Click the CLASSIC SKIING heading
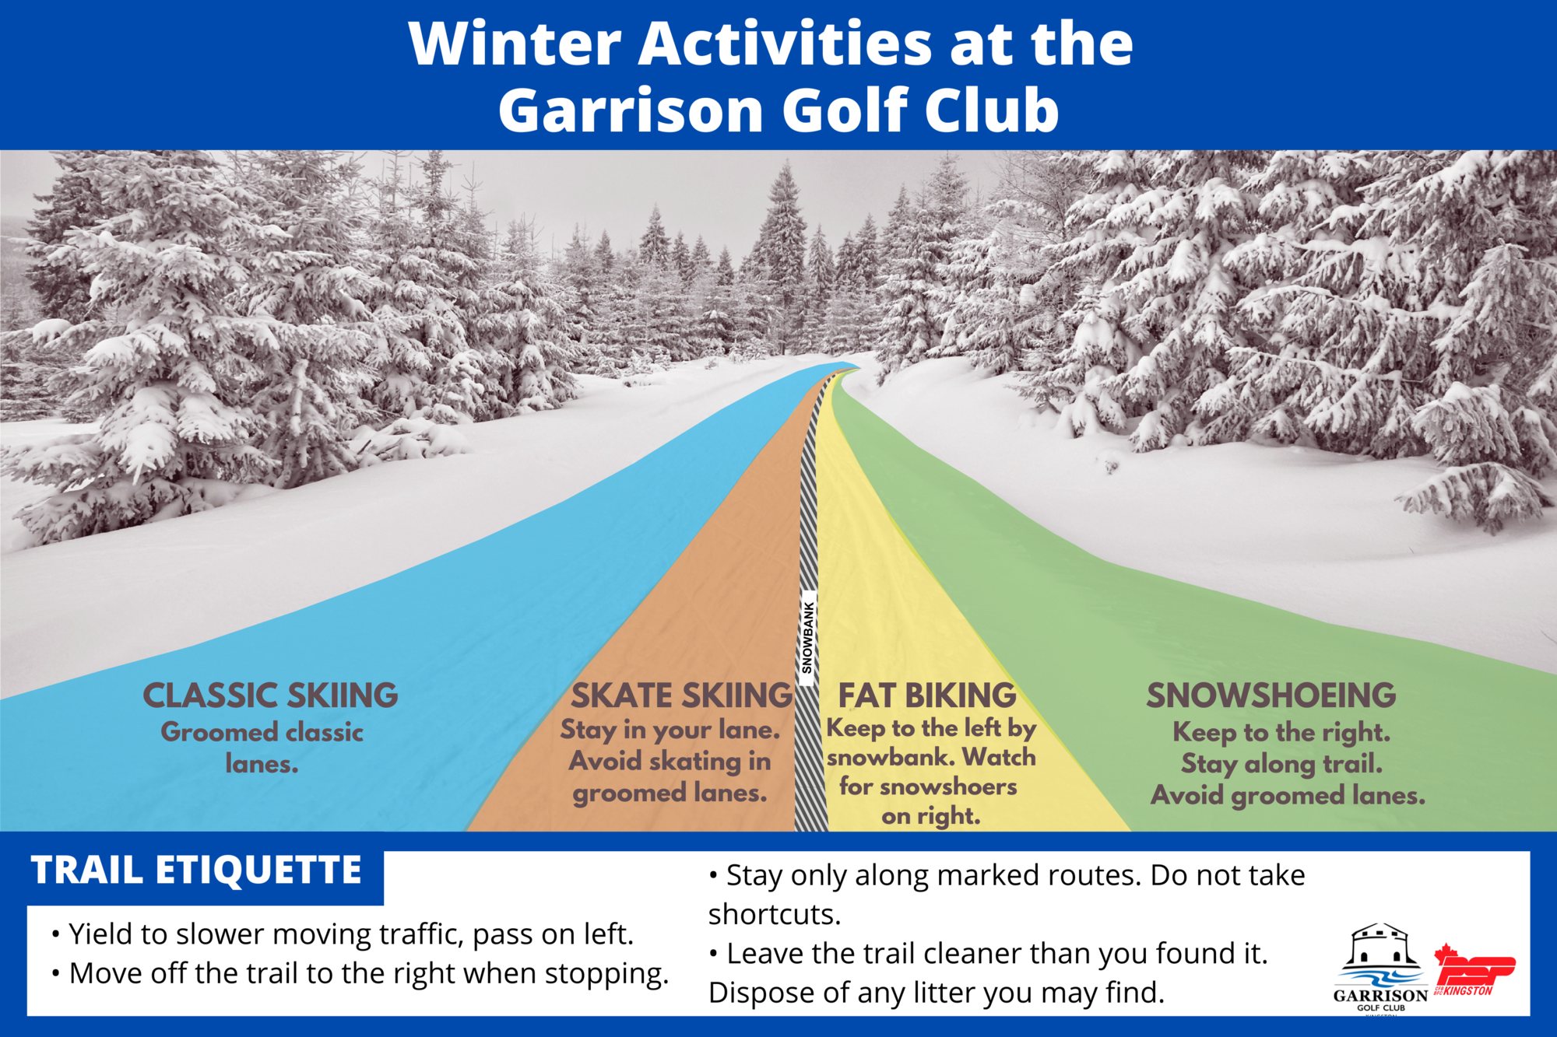(270, 695)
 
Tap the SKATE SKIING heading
(682, 695)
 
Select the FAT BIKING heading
(927, 695)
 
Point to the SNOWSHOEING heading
(1271, 695)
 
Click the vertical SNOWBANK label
(808, 638)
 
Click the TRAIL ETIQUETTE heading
(196, 870)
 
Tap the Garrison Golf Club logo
(1380, 969)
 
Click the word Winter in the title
(515, 44)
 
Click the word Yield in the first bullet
(101, 934)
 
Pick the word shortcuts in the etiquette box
(775, 915)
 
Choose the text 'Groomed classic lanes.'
(262, 748)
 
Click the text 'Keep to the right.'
(1281, 732)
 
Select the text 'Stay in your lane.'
(670, 730)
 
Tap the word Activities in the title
(785, 44)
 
